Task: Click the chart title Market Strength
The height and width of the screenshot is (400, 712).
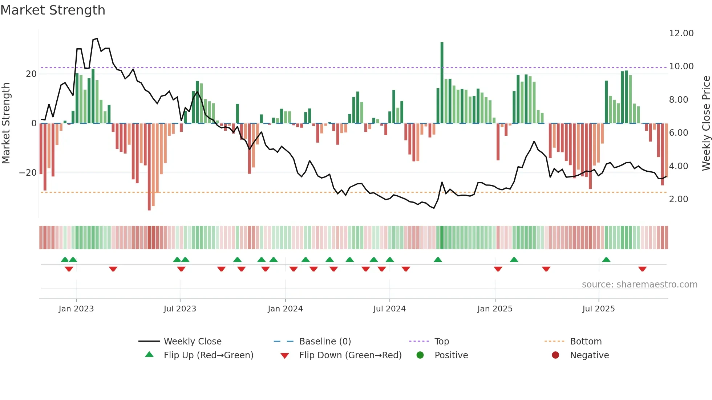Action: tap(53, 10)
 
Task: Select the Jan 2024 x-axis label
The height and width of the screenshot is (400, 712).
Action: tap(285, 309)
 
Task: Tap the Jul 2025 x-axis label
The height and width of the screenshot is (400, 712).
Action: tap(598, 309)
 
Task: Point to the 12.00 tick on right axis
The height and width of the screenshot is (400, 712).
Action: tap(681, 33)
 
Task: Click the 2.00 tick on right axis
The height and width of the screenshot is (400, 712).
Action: tap(678, 199)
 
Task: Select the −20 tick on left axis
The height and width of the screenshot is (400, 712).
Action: tap(28, 173)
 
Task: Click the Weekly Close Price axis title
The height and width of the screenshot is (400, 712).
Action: tap(706, 123)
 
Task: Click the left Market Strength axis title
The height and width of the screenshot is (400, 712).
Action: tap(6, 123)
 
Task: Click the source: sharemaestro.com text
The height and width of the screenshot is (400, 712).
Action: tap(639, 285)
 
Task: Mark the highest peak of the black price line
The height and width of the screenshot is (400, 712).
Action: tap(97, 38)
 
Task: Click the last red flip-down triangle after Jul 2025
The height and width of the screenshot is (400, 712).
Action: tap(642, 269)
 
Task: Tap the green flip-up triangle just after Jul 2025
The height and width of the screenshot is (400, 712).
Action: tap(606, 260)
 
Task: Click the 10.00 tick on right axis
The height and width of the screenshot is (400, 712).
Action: tap(681, 66)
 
